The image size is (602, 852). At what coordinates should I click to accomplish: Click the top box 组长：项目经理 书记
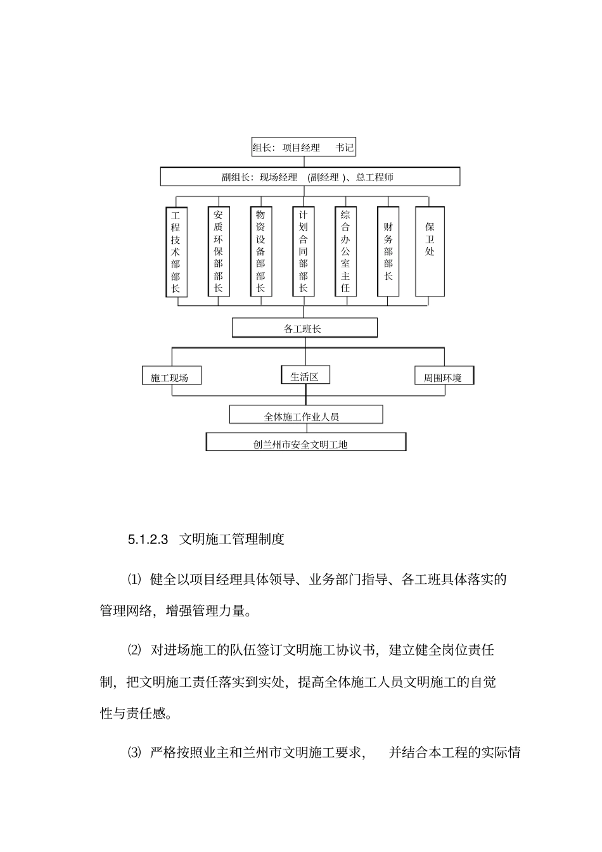pos(303,148)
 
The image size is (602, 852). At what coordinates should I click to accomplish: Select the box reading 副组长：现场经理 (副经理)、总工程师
pos(310,177)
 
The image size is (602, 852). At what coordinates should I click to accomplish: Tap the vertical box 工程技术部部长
pos(176,251)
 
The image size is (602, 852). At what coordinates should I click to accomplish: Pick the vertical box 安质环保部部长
pos(218,251)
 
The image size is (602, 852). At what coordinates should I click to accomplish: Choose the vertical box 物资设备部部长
pos(260,251)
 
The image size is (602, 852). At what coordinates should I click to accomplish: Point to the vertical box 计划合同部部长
pos(303,251)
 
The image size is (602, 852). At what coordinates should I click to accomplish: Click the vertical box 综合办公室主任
pos(345,251)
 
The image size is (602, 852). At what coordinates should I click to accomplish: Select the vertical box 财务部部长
pos(388,251)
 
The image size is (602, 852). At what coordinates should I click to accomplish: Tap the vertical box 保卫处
pos(430,251)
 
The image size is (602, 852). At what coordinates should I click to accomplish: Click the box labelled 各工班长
pos(304,328)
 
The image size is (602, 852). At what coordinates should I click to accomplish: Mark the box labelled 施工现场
pos(170,377)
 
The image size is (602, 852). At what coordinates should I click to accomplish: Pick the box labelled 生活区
pos(305,376)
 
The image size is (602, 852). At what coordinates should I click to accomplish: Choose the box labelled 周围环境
pos(443,377)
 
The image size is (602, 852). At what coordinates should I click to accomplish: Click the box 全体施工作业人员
pos(305,416)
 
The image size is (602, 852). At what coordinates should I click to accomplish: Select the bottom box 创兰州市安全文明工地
pos(305,443)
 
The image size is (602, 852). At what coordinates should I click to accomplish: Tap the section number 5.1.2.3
pos(147,540)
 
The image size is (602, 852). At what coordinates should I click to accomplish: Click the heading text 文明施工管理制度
pos(232,540)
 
